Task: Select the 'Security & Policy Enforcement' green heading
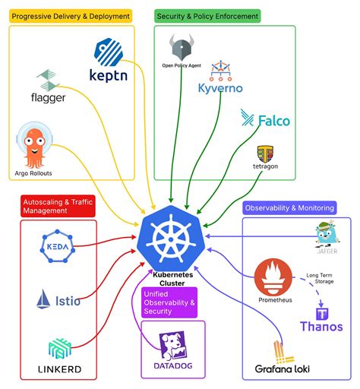pyautogui.click(x=207, y=15)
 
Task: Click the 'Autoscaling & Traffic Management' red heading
pyautogui.click(x=57, y=206)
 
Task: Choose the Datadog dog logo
pyautogui.click(x=172, y=346)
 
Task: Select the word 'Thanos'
pyautogui.click(x=321, y=327)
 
